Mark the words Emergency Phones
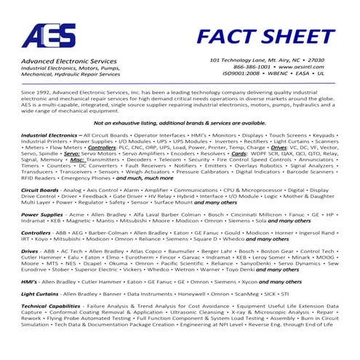coord(87,177)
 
